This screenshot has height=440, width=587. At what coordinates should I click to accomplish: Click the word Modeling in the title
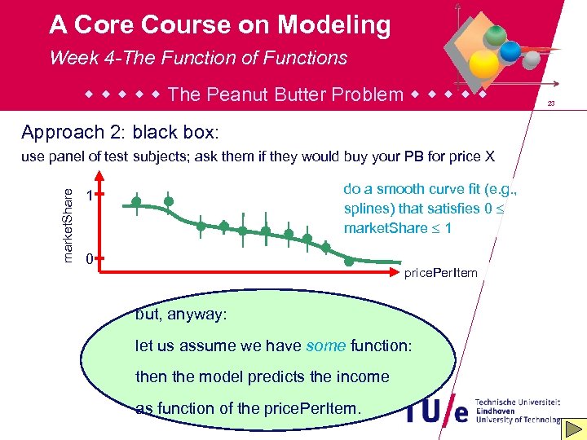(333, 25)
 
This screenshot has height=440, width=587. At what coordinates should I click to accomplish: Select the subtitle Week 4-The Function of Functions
(198, 58)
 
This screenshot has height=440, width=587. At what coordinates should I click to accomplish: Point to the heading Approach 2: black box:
(120, 132)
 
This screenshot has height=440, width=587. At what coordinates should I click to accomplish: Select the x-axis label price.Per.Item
(440, 272)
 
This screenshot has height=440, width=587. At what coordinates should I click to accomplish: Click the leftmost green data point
(136, 201)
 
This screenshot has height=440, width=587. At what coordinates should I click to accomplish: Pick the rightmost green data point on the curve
(349, 262)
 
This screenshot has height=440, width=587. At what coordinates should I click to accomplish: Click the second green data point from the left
(169, 201)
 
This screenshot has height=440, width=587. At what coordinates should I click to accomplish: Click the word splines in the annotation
(367, 208)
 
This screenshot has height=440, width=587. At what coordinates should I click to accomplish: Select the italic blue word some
(325, 346)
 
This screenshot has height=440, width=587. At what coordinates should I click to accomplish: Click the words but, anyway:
(181, 315)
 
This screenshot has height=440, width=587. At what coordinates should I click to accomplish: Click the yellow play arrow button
(573, 429)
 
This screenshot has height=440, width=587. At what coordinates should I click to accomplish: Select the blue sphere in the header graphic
(510, 51)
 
